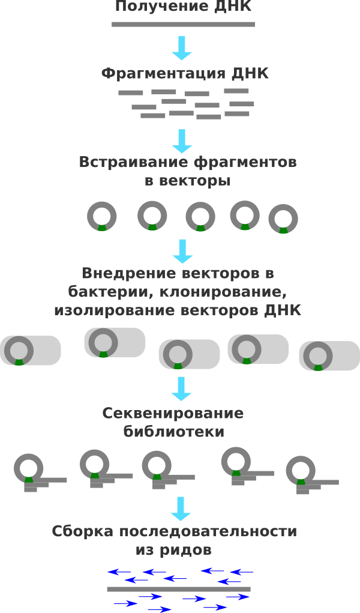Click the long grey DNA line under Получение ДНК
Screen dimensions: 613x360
(183, 25)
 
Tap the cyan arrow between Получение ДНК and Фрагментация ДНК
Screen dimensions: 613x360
(182, 48)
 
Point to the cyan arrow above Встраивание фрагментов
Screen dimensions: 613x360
(182, 141)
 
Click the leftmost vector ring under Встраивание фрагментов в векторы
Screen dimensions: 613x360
(102, 216)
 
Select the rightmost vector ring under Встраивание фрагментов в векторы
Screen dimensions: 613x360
(283, 219)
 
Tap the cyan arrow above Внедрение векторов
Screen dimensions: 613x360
(182, 252)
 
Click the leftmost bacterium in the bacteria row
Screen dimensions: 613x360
(31, 351)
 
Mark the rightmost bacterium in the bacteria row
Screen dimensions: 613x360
(329, 356)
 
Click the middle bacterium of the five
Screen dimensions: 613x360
(189, 354)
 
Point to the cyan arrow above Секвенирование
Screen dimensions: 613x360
(181, 388)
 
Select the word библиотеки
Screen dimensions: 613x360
(174, 432)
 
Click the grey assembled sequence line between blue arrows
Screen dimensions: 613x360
(178, 589)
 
